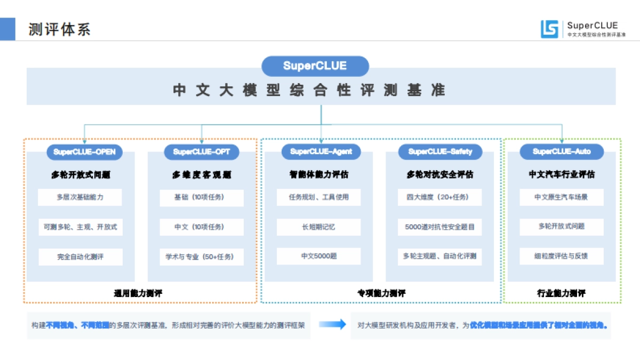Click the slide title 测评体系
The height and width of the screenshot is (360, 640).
coord(59,29)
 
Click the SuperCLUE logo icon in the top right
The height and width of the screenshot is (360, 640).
coord(549,29)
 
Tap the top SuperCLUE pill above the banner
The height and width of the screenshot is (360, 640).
coord(315,66)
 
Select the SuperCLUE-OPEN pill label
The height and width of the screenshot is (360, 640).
coord(84,152)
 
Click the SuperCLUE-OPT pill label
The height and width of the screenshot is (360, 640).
coord(202,152)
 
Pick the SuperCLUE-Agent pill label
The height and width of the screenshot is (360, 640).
coord(321,151)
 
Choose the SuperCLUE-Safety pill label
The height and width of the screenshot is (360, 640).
coord(440,151)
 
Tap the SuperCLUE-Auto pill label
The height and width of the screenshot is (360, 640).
coord(562,151)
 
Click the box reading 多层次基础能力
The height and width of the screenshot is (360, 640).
coord(80,197)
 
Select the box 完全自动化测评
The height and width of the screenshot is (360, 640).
coord(81,257)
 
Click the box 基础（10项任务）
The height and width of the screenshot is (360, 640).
coord(201,197)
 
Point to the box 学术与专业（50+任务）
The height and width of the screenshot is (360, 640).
coord(201,257)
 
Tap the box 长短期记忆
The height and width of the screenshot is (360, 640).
coord(319,227)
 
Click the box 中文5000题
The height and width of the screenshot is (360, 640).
coord(319,256)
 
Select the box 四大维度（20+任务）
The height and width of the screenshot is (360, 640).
coord(440,197)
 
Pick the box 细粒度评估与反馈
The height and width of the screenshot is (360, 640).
coord(561,255)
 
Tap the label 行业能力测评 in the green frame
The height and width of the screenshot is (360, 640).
coord(561,293)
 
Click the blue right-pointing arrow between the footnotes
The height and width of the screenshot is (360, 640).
coord(332,324)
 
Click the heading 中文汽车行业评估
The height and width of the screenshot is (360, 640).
coord(562,174)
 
